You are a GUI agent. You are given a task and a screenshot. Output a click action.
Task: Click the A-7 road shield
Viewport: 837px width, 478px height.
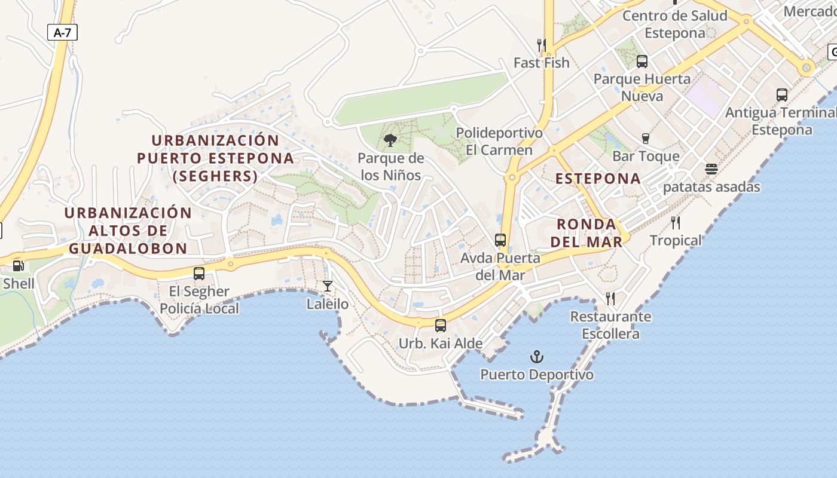point(62,32)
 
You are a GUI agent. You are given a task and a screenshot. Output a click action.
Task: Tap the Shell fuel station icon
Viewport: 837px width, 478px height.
point(19,266)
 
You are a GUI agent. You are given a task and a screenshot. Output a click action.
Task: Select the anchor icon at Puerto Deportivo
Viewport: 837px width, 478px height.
point(537,357)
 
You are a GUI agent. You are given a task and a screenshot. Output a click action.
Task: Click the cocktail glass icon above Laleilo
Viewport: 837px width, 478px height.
point(327,286)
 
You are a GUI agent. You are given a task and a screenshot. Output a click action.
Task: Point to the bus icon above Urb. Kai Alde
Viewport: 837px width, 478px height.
point(441,326)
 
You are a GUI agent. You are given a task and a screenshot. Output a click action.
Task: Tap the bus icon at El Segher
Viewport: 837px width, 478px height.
point(199,274)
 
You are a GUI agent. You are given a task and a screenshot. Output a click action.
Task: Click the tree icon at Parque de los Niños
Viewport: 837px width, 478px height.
point(390,140)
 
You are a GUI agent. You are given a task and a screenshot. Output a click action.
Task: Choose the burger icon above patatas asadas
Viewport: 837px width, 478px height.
point(711,169)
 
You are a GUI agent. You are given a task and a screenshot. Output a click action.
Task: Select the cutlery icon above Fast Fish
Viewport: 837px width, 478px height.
point(542,45)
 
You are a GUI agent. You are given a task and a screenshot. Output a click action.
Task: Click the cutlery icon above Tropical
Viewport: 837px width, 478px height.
point(676,223)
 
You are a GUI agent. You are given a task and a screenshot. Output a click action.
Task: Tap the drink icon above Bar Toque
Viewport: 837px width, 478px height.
point(646,139)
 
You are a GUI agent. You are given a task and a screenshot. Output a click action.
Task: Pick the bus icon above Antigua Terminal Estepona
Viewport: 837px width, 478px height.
point(782,94)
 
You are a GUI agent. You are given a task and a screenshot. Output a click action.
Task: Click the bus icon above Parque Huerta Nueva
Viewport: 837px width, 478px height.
point(642,61)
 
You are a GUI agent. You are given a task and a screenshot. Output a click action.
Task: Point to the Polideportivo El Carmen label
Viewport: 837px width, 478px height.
point(499,141)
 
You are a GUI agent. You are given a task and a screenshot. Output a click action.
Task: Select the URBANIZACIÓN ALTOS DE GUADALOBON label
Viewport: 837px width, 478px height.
point(128,230)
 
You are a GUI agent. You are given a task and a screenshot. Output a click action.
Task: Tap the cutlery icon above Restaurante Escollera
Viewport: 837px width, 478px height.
point(610,298)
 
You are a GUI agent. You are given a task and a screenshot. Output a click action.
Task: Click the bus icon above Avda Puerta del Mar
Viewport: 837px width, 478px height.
point(500,240)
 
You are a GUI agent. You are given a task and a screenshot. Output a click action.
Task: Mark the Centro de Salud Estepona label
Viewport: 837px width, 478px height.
point(675,24)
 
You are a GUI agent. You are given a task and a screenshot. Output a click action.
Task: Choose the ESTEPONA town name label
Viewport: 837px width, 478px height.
point(598,178)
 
